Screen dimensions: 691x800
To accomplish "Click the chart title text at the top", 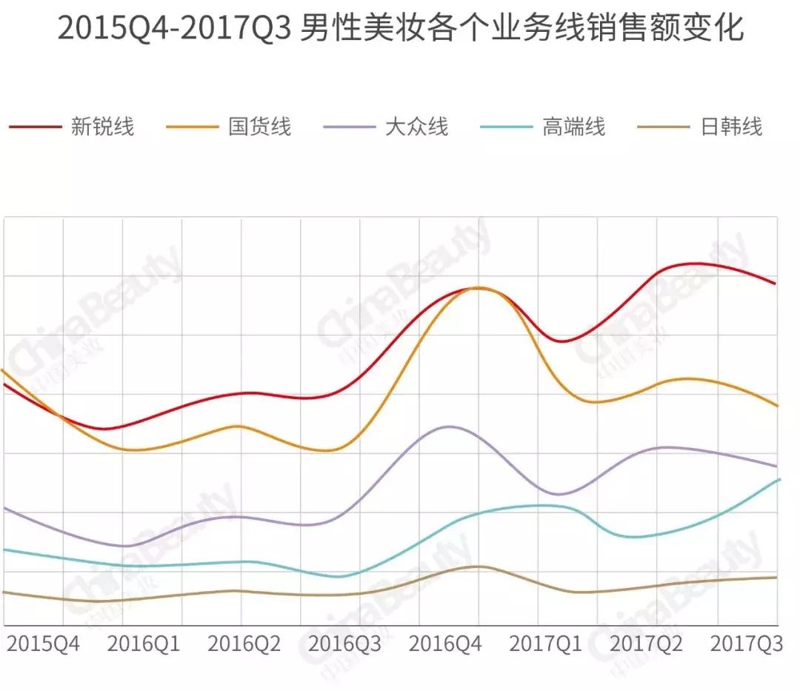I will [400, 30].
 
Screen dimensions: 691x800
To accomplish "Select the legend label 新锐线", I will [102, 127].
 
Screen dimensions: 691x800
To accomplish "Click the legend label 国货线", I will [259, 127].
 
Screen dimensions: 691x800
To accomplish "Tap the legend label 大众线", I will [416, 127].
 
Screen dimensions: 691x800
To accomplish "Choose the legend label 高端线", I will [573, 127].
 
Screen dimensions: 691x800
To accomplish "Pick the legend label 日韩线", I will [730, 127].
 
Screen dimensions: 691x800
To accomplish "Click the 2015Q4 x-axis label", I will [44, 644].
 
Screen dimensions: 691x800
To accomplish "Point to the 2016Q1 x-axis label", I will [144, 644].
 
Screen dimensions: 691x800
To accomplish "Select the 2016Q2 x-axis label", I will [244, 644].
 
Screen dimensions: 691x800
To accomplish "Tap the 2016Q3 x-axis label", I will [345, 644].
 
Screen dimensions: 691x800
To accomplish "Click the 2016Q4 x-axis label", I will [446, 644].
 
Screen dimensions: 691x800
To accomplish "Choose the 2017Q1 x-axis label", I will [546, 644].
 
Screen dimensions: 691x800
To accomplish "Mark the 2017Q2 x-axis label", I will [647, 644].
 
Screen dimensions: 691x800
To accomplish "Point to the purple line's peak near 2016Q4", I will [447, 427].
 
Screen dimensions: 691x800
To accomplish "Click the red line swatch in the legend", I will [35, 127].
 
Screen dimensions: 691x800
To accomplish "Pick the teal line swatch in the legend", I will [507, 127].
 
